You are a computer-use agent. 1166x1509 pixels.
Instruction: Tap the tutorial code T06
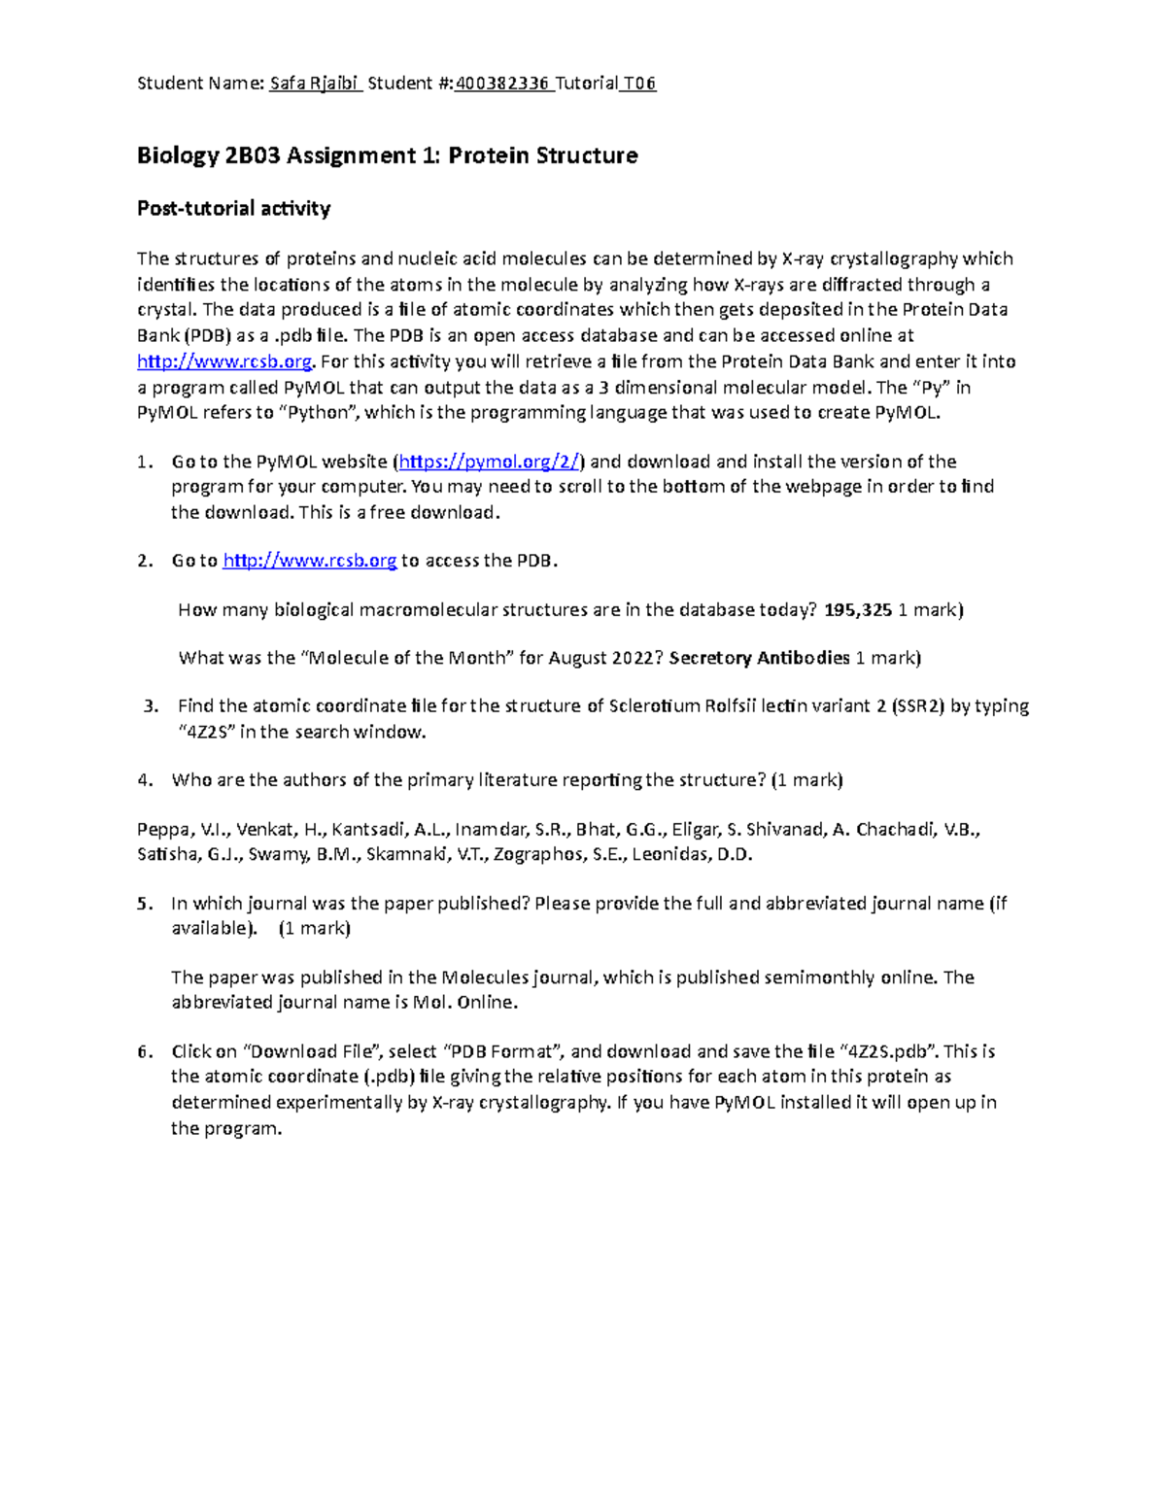[639, 84]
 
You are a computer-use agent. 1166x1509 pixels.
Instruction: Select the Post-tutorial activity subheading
[233, 208]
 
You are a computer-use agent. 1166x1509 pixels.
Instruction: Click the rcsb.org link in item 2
[309, 561]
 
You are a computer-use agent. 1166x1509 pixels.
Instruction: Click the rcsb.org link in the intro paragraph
[224, 361]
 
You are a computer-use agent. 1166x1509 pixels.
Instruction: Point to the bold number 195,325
[858, 610]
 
